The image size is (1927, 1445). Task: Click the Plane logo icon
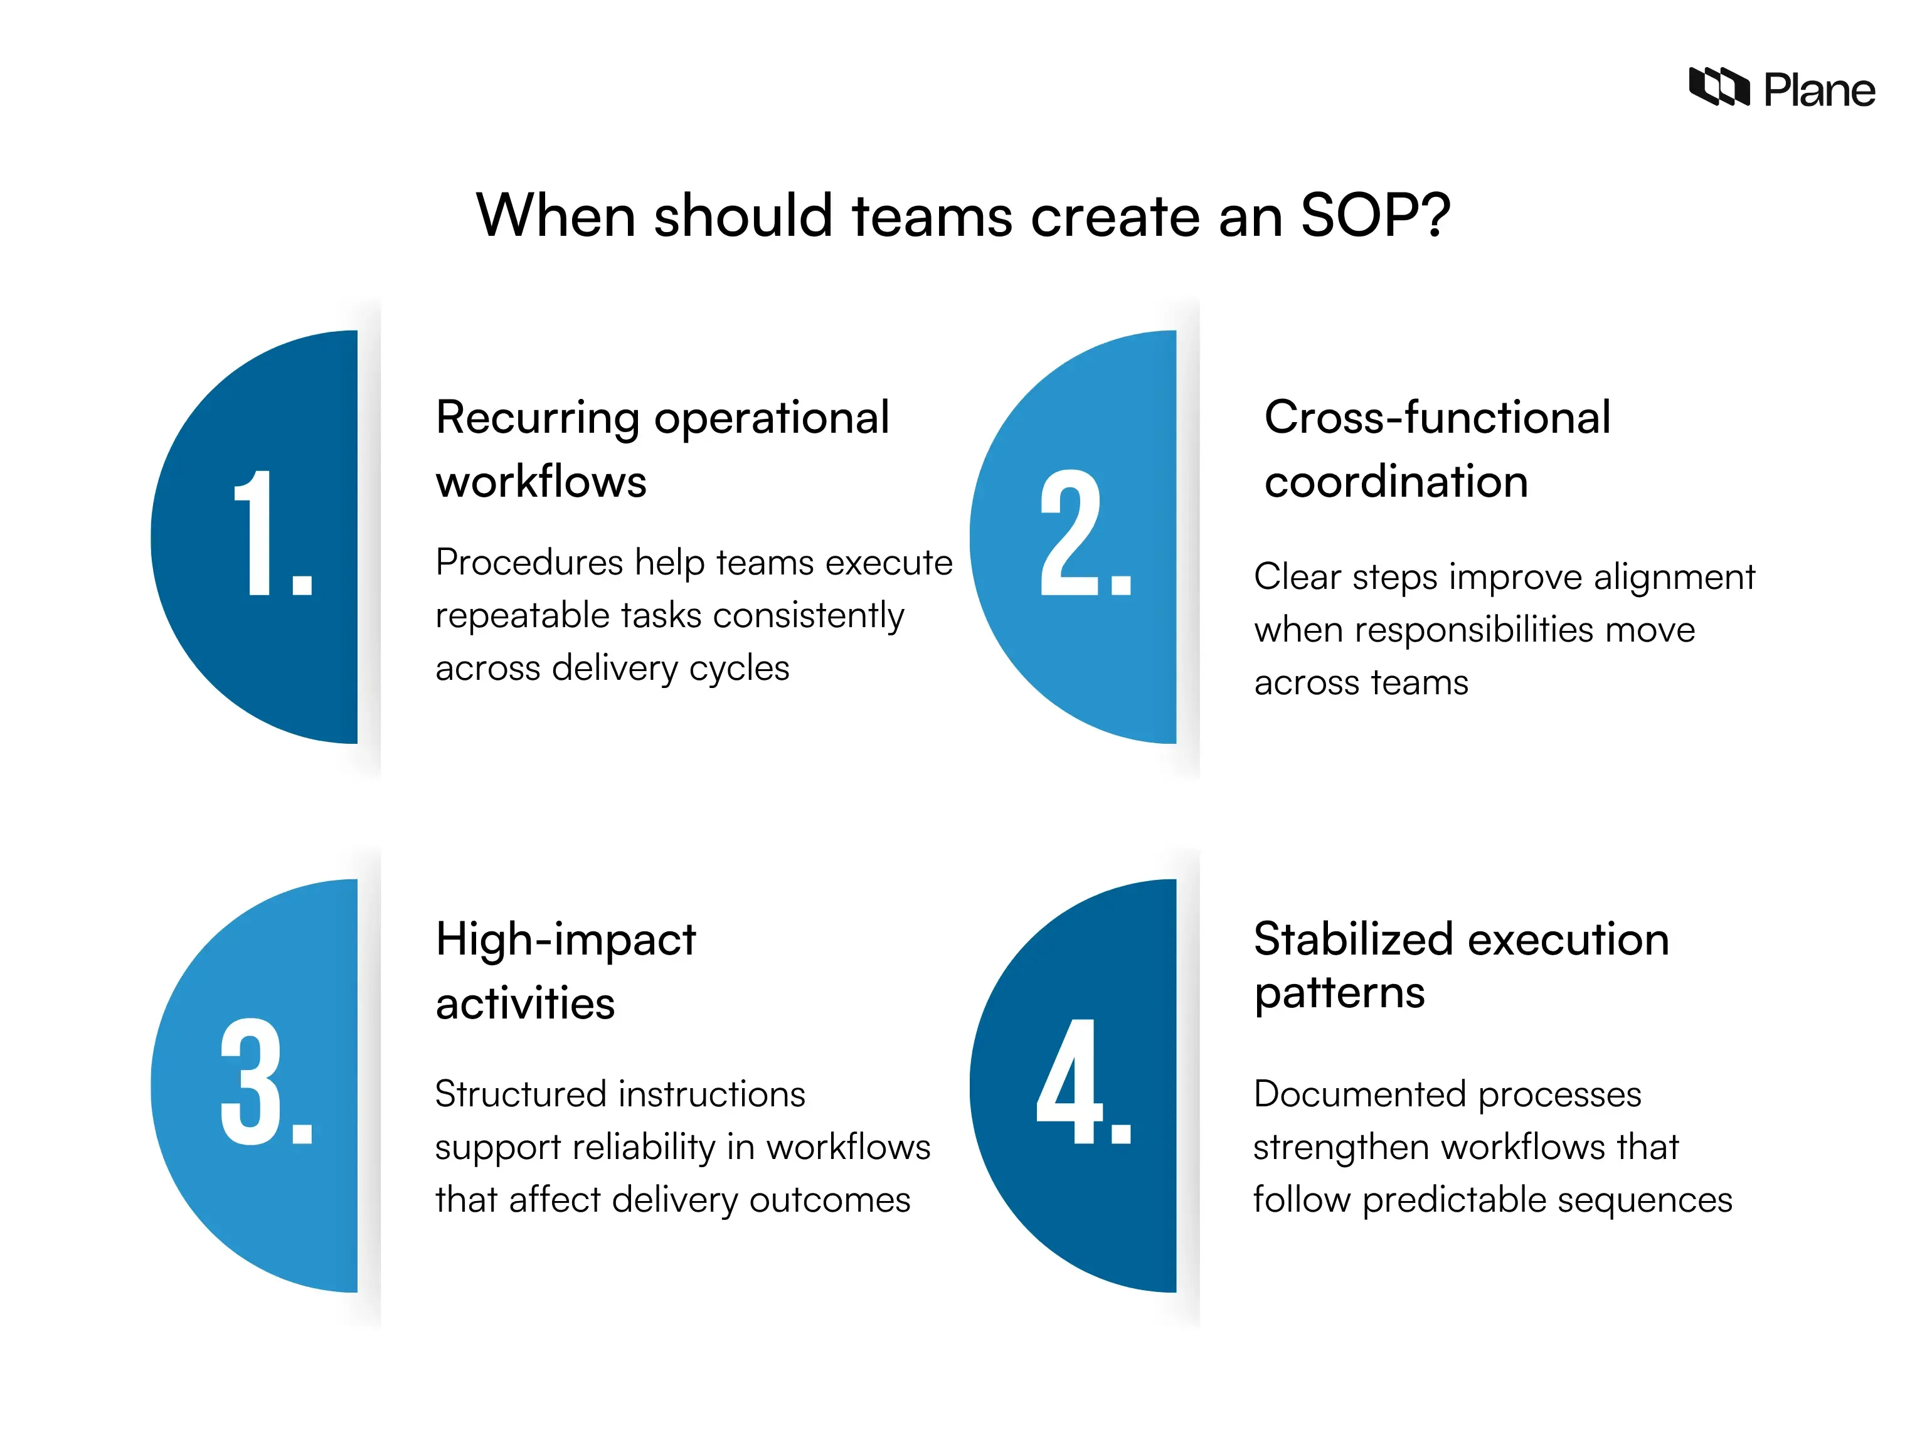pos(1719,87)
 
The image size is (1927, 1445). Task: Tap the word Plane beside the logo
pos(1819,90)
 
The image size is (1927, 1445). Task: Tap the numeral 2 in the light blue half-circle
pos(1071,533)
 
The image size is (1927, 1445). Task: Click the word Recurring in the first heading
pos(536,418)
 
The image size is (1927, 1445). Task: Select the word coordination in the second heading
pos(1396,482)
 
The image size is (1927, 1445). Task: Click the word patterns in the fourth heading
pos(1339,993)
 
